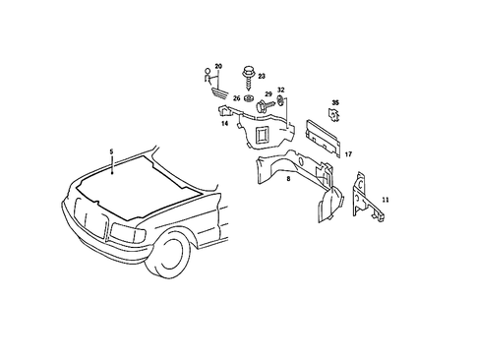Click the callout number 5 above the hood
coord(112,151)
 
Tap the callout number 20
coord(218,66)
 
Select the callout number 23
coord(262,76)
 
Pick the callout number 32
coord(280,89)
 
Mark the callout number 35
coord(334,102)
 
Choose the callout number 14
coord(224,124)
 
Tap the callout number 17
coord(347,153)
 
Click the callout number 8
coord(287,180)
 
